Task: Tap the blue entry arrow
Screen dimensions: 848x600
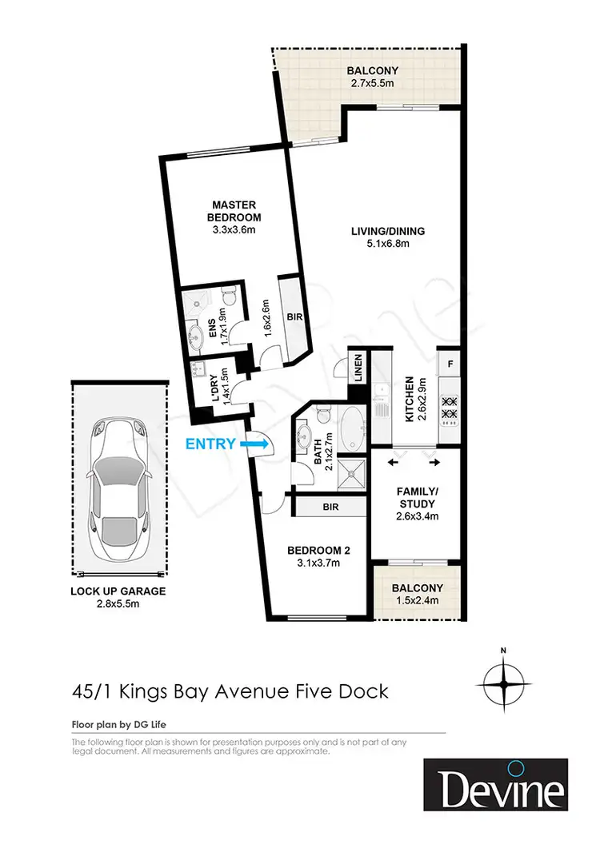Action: coord(258,442)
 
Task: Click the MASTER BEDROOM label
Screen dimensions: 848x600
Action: coord(234,212)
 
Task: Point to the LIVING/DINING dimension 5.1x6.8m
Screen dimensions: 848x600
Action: coord(387,245)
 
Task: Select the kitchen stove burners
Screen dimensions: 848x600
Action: coord(449,408)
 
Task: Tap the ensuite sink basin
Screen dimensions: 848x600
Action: coord(194,335)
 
